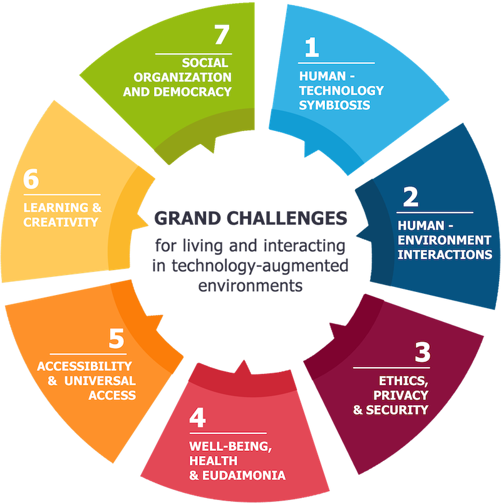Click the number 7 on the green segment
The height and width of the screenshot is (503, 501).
(x=222, y=34)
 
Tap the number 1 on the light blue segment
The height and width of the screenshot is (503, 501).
(x=312, y=48)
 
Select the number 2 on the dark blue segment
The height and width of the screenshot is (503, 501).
(x=411, y=197)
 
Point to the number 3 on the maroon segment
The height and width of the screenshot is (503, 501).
(x=423, y=352)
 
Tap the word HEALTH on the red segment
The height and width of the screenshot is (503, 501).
(x=214, y=460)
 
